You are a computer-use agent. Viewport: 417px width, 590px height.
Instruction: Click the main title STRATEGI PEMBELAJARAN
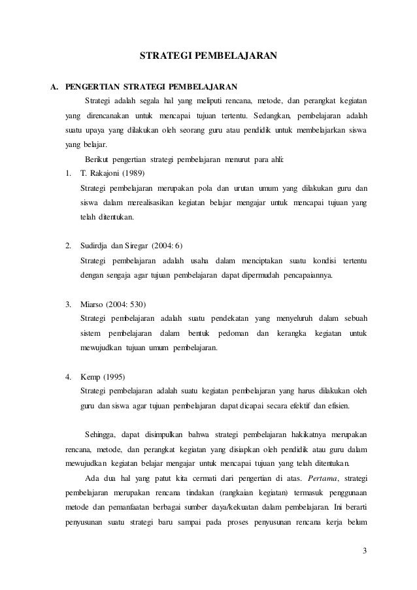click(x=208, y=56)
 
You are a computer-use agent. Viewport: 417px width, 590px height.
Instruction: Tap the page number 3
click(x=365, y=557)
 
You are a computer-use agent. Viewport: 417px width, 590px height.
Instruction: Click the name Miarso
click(x=92, y=304)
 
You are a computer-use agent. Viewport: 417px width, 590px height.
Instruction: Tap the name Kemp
click(x=90, y=378)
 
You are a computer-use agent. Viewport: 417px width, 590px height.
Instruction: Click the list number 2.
click(x=69, y=246)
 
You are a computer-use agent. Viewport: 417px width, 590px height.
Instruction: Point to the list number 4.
click(x=69, y=378)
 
